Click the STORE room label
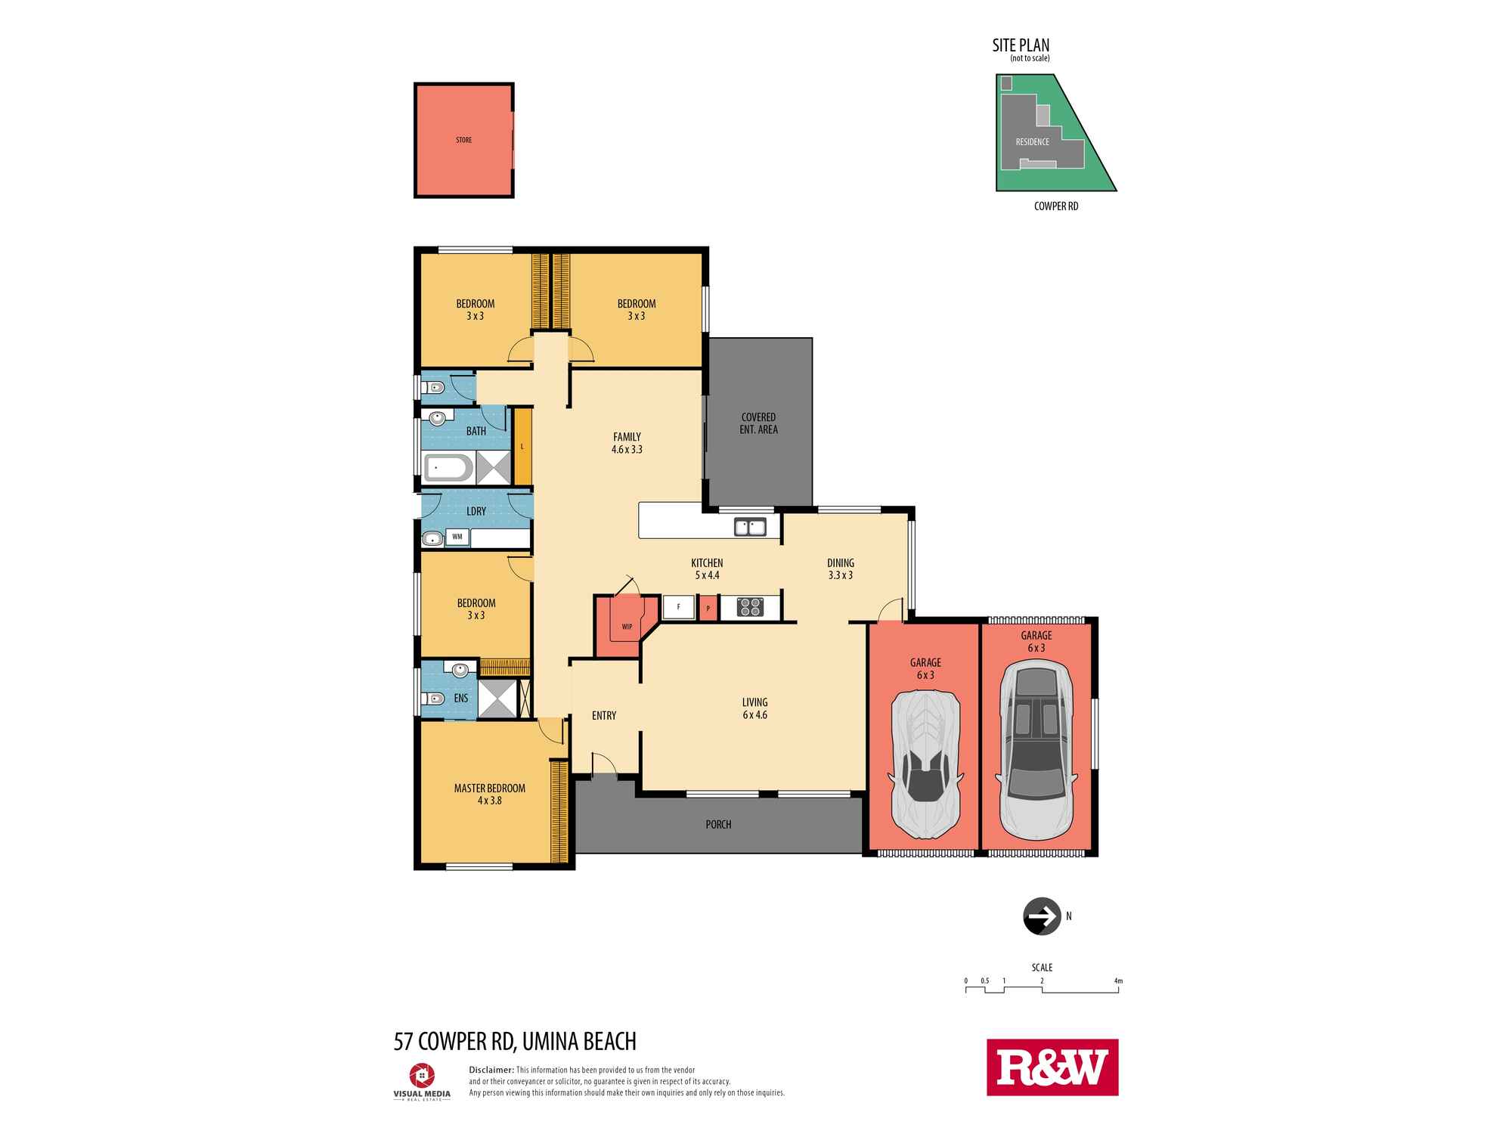coord(463,140)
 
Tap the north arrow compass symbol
coord(1042,916)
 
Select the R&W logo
coord(1052,1067)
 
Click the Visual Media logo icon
coord(422,1075)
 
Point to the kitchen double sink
coord(750,526)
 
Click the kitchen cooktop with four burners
coord(750,606)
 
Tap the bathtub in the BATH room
coord(448,468)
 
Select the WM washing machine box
coord(457,537)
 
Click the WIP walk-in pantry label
coord(627,626)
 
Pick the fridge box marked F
coord(679,607)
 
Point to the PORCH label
coord(718,824)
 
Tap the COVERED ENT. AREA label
coord(758,423)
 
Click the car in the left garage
coord(925,764)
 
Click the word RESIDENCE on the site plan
coord(1032,142)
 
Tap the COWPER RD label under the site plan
coord(1056,206)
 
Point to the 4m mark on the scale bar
coord(1118,981)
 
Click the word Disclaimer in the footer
coord(491,1070)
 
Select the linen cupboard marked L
coord(522,446)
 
